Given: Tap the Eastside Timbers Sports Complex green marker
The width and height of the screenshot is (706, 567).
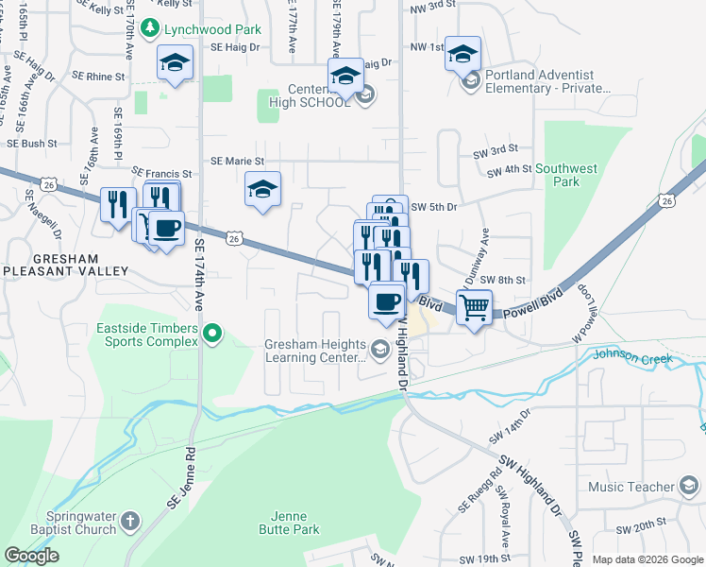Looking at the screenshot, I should point(213,333).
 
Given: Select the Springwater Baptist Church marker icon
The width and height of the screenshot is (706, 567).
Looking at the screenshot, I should point(130,520).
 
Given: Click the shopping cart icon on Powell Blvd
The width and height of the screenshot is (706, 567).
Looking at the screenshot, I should point(475,306).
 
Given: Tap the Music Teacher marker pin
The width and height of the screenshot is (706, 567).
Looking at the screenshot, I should point(689,487).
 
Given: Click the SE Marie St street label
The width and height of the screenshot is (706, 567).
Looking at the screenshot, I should point(237,162).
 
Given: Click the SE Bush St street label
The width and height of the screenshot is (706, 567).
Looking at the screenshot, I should point(32,144).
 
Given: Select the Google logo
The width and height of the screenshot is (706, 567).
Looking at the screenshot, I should point(31,556).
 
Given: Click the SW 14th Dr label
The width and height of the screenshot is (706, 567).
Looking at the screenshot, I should point(511,427).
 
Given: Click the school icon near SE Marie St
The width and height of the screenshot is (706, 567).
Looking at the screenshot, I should point(263,188).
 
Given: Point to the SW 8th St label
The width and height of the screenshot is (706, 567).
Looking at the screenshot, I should point(501,280).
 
